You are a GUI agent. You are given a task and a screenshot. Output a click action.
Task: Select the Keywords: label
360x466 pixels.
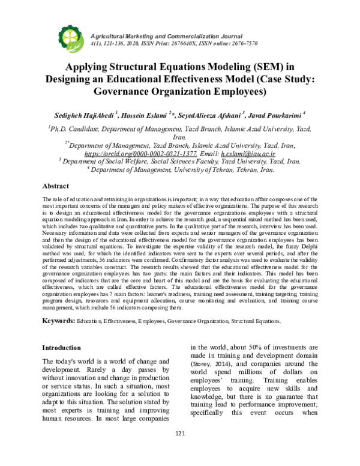point(58,321)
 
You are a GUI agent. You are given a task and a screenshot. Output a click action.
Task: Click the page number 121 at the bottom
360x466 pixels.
point(179,451)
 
